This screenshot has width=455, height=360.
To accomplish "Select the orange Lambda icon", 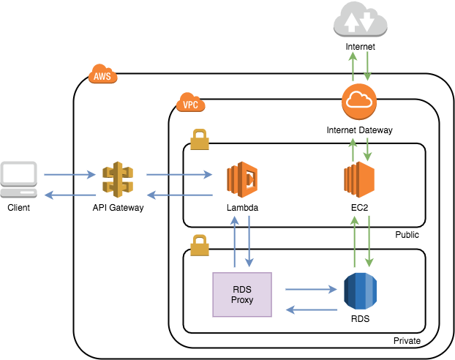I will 243,181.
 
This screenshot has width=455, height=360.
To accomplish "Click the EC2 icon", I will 359,181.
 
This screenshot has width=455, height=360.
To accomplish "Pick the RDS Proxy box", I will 241,294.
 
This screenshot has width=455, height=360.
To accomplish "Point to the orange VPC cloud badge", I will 190,104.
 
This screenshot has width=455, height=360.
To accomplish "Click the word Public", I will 407,235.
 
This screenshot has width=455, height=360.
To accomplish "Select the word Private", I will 407,341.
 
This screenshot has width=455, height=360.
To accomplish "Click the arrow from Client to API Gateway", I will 70,175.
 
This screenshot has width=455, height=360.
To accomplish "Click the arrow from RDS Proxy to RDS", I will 307,288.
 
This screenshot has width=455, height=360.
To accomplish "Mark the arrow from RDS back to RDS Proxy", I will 307,310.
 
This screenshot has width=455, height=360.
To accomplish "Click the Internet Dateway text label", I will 359,130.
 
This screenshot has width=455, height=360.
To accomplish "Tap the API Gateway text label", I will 118,208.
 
